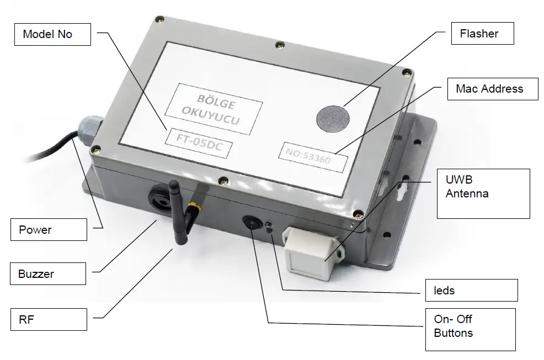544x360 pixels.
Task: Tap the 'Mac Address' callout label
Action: (x=489, y=88)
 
